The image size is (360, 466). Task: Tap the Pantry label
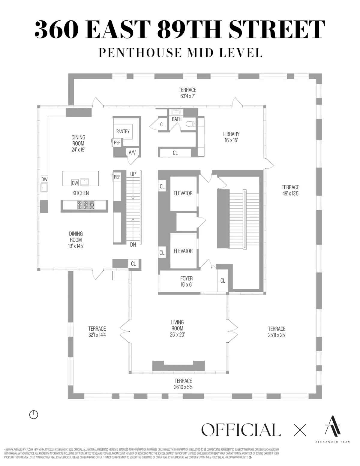tap(123, 131)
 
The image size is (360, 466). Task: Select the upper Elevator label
tap(183, 194)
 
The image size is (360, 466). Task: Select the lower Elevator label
tap(183, 251)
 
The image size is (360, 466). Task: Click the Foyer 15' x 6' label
tap(186, 281)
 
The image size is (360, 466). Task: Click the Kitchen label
tap(81, 193)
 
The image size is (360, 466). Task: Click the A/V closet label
tap(132, 153)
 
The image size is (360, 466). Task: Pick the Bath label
tap(177, 119)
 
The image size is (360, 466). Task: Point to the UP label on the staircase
tap(133, 174)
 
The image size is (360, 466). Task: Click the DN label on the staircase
tap(133, 245)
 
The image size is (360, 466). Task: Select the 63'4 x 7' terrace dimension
tap(187, 96)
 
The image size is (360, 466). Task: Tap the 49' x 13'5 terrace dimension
tap(290, 194)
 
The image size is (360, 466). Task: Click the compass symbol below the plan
tap(34, 415)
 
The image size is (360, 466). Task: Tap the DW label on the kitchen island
tap(75, 183)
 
